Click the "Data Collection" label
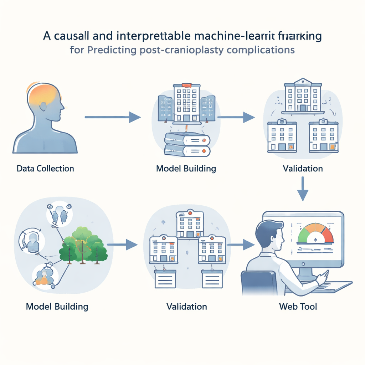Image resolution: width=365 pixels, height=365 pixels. point(45,168)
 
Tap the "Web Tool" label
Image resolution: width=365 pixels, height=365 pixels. point(298,306)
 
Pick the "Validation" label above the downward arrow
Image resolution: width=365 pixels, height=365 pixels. point(303,168)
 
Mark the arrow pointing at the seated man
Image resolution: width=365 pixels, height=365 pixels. point(241,245)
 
